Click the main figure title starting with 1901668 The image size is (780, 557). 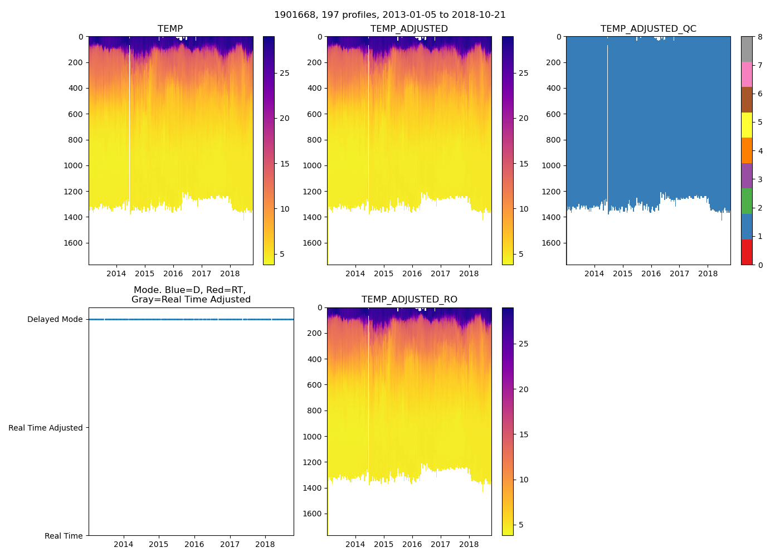(390, 15)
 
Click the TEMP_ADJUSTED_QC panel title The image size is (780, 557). (648, 28)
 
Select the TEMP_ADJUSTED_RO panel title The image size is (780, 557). (409, 300)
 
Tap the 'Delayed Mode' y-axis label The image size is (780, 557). (55, 319)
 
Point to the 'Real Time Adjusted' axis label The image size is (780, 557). (45, 428)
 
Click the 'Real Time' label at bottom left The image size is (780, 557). (64, 536)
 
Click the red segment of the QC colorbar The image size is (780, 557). (747, 252)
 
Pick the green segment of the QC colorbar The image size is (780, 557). (747, 201)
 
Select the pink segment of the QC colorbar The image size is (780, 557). (747, 74)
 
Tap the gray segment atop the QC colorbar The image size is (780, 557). (747, 49)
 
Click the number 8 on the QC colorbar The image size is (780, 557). (759, 37)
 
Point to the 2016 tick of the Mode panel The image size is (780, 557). (194, 544)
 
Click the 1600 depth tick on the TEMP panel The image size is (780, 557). (72, 243)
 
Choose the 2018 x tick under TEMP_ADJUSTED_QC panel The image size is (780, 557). (708, 273)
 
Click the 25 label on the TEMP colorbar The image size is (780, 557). (284, 73)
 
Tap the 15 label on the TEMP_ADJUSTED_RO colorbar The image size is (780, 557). (523, 434)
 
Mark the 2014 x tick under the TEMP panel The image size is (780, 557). (116, 273)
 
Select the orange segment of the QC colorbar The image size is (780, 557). (747, 150)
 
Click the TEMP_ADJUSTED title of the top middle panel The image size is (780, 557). (409, 28)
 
